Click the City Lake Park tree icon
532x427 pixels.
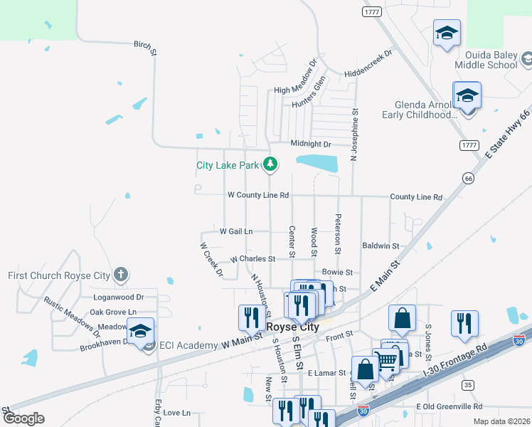(270, 165)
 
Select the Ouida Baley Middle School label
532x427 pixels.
(490, 60)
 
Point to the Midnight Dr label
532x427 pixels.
(311, 144)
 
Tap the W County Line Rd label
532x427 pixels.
(257, 195)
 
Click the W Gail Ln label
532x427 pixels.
(236, 231)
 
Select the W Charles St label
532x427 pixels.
(252, 259)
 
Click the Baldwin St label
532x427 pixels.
(381, 246)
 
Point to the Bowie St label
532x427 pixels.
(337, 272)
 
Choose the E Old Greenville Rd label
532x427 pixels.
(449, 406)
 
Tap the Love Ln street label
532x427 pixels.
(176, 413)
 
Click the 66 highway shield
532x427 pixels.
(467, 177)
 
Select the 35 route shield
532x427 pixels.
(467, 385)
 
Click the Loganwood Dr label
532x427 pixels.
(119, 297)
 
